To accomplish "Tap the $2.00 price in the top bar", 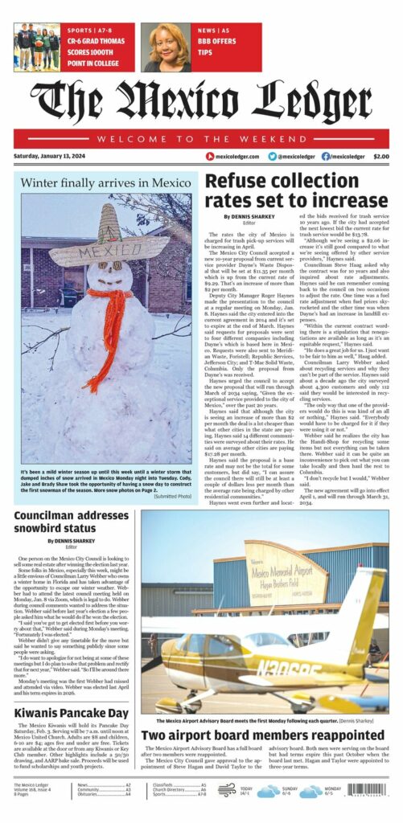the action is pyautogui.click(x=380, y=157).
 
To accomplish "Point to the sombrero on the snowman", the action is pyautogui.click(x=109, y=242).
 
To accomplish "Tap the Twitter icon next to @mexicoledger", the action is pyautogui.click(x=273, y=157).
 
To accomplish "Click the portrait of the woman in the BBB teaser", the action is pyautogui.click(x=166, y=47).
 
